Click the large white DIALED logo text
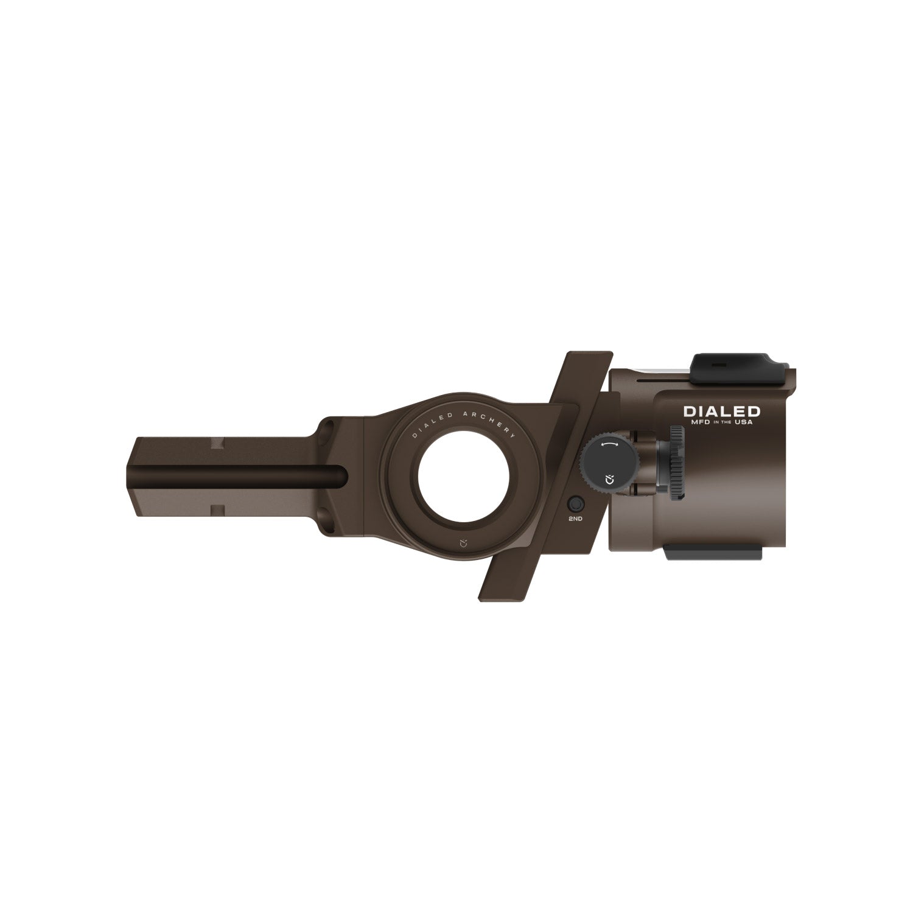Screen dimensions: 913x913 tap(721, 411)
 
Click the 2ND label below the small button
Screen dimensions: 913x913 tap(575, 519)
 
